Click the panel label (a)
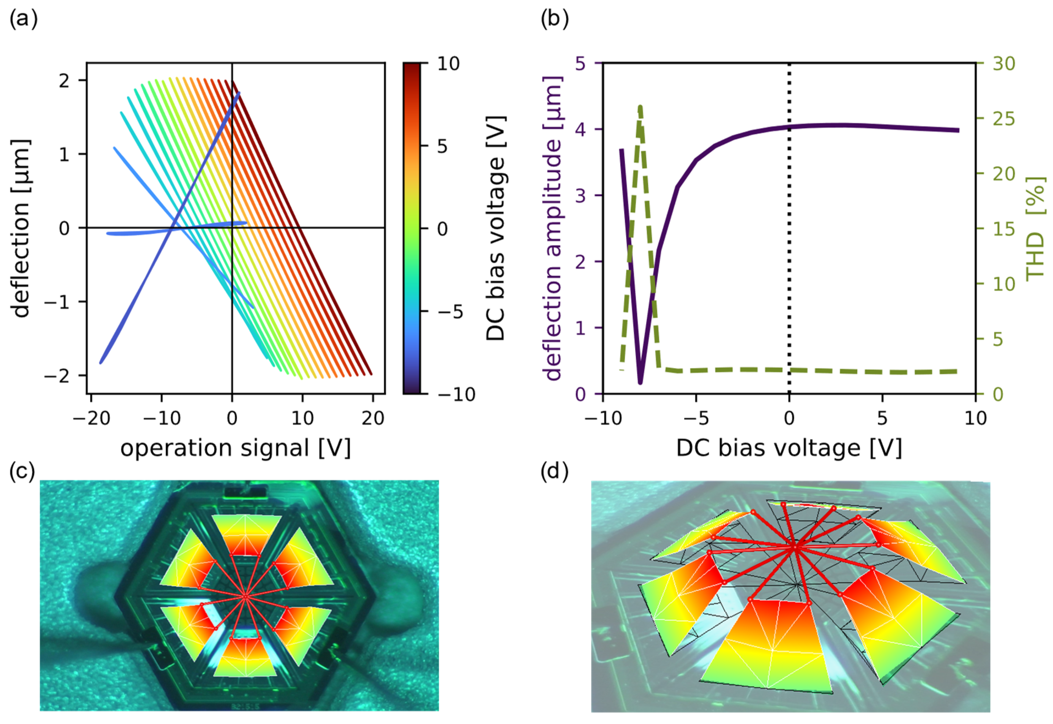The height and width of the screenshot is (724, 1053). (x=23, y=19)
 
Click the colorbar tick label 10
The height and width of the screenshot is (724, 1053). (x=448, y=64)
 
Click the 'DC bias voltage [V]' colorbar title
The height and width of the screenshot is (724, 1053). (x=495, y=228)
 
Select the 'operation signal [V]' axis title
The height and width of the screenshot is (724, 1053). (x=236, y=448)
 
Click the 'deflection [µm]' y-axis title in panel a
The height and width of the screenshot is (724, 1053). (x=20, y=228)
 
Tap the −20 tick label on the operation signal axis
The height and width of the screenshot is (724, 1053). (x=92, y=418)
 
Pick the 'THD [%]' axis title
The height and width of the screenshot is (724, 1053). (x=1035, y=228)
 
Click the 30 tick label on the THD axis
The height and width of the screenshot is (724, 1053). (x=1004, y=64)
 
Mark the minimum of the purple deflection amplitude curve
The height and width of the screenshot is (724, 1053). (x=640, y=383)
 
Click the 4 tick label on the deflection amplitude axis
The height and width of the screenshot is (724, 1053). (x=580, y=129)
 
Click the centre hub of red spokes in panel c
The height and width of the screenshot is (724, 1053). (x=245, y=597)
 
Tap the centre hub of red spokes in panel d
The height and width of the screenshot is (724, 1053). (x=794, y=548)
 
